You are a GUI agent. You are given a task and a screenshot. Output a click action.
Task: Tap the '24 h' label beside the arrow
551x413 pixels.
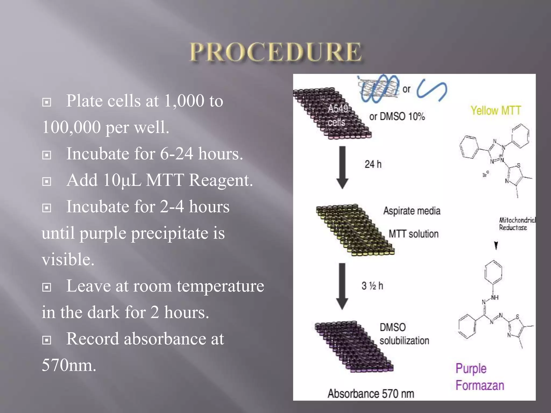(x=373, y=164)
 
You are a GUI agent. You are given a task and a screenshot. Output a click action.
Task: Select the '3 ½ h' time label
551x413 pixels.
(x=372, y=286)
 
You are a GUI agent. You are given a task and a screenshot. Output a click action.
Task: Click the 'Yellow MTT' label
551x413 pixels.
(x=496, y=111)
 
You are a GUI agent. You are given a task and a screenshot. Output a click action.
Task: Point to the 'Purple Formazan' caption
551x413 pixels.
(x=479, y=377)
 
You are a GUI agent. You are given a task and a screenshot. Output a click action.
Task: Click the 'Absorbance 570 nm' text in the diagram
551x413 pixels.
(x=370, y=394)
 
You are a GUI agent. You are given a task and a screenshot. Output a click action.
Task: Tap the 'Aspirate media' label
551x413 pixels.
(x=412, y=211)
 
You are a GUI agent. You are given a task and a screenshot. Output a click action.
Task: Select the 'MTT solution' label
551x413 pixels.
(x=414, y=234)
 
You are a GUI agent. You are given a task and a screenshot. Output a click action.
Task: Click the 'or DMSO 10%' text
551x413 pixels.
(x=397, y=117)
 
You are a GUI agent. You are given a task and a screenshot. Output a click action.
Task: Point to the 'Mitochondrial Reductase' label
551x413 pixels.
(x=517, y=224)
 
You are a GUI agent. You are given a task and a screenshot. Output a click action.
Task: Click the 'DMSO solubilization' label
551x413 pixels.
(x=404, y=334)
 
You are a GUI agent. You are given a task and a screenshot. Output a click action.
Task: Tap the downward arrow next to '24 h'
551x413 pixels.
(x=342, y=167)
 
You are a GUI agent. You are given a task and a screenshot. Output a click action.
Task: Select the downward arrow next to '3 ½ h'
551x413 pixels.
(x=342, y=286)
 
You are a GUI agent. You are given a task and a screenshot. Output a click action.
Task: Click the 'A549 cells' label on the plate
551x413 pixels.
(x=337, y=115)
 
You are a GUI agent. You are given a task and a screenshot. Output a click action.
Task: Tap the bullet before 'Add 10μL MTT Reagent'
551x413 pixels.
(x=47, y=181)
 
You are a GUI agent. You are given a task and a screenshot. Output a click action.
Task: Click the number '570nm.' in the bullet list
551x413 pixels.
(x=69, y=365)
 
